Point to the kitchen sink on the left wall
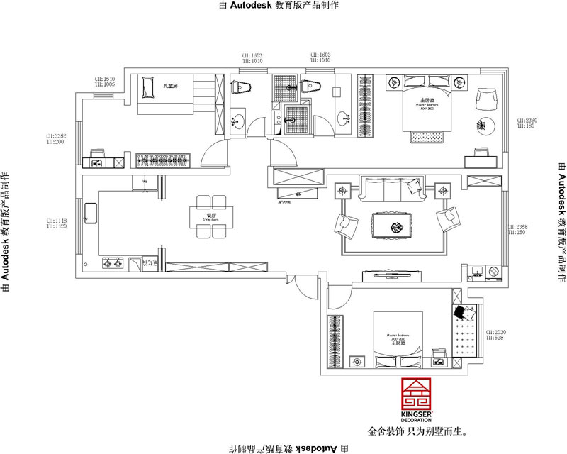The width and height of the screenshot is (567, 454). coord(91,212)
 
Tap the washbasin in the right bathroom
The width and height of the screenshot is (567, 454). coord(345,118)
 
